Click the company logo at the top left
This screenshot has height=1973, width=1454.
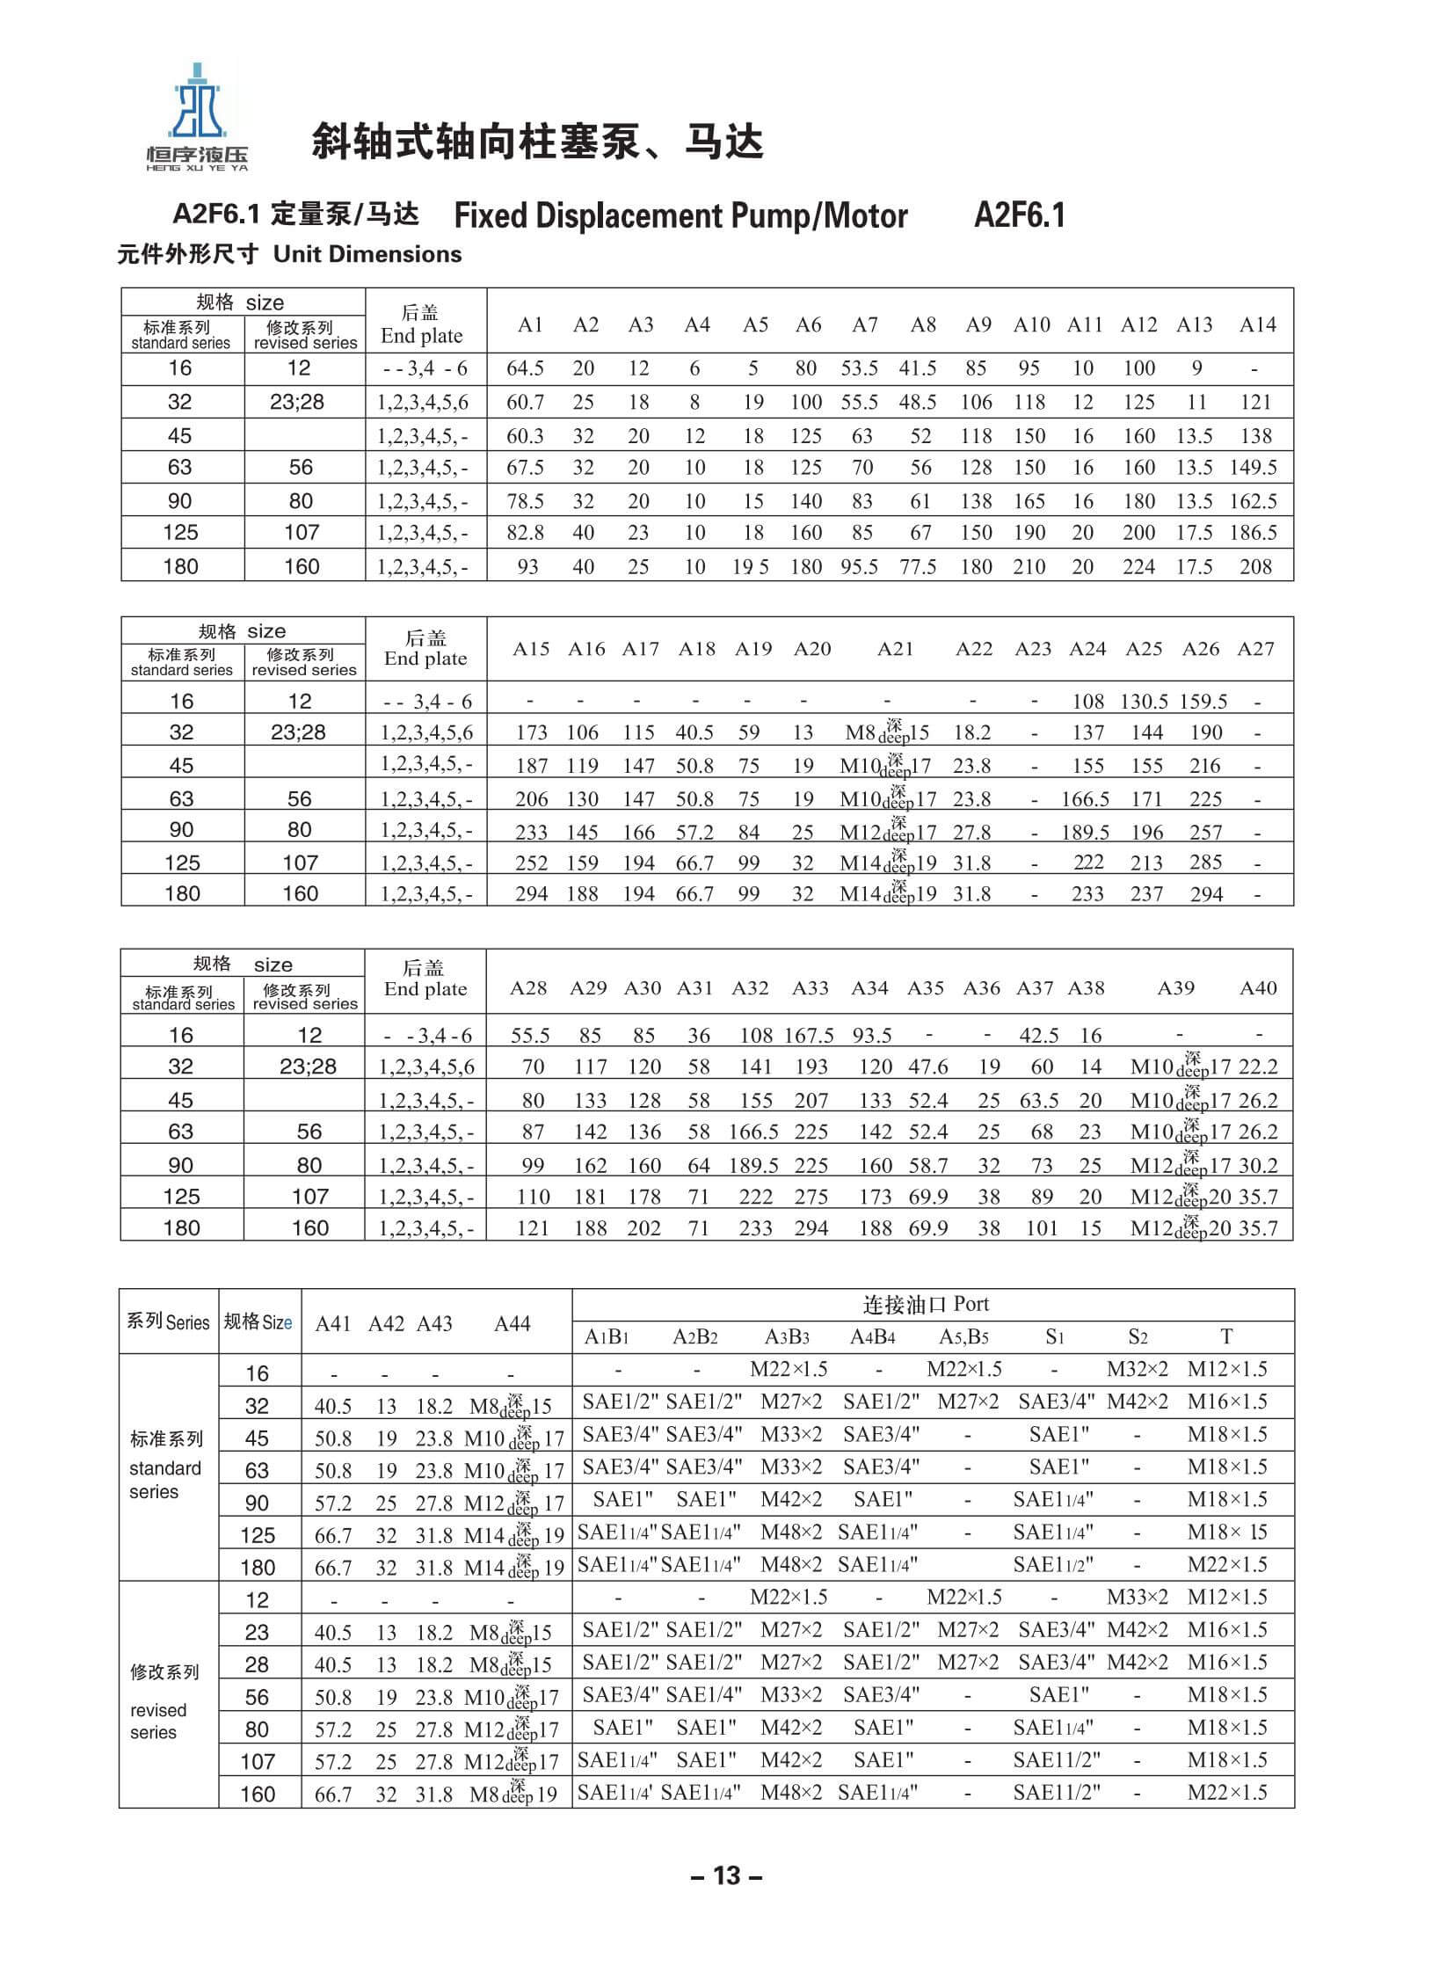pos(197,115)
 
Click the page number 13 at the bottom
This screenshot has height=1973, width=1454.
pos(726,1875)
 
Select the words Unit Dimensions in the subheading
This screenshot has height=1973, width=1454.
pos(367,254)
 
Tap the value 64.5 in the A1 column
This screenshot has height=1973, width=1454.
pos(526,368)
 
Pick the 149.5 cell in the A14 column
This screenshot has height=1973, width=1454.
pos(1254,468)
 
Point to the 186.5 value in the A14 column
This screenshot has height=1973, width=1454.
pos(1254,533)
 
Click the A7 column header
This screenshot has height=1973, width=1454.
pos(864,324)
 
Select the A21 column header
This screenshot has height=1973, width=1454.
pos(895,649)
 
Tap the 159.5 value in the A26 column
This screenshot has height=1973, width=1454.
pos(1203,702)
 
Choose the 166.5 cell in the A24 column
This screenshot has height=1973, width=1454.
pos(1085,798)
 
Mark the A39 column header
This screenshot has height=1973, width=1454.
pos(1176,988)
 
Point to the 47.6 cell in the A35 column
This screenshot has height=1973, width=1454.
pos(927,1067)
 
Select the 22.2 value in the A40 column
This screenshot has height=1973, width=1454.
pos(1258,1067)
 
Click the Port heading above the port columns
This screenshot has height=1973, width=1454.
pos(926,1304)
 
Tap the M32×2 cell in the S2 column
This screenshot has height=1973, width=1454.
pos(1138,1369)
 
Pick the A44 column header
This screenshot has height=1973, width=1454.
pos(513,1324)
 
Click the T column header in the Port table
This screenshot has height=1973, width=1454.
pos(1226,1336)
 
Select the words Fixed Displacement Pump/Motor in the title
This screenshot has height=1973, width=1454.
pos(680,215)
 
